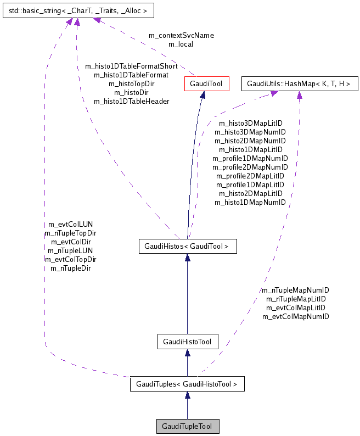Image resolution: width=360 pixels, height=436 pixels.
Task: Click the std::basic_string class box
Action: (x=78, y=10)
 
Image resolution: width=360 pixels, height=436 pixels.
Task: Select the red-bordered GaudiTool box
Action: (x=203, y=84)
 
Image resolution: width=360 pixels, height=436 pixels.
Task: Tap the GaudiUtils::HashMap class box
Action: (x=300, y=84)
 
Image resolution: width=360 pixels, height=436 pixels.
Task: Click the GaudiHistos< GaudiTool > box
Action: (x=187, y=247)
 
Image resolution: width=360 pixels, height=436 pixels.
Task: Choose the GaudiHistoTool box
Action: (x=187, y=342)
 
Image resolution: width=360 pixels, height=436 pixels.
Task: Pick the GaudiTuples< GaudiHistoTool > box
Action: (x=187, y=384)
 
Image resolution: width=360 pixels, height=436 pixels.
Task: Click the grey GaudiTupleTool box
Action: (x=187, y=426)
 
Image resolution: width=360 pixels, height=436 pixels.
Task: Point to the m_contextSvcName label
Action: (x=181, y=35)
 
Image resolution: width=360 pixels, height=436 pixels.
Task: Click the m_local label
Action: (x=181, y=44)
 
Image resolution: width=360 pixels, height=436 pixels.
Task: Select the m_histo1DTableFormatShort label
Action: (x=131, y=66)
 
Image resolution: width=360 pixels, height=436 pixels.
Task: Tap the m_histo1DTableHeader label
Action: (x=131, y=101)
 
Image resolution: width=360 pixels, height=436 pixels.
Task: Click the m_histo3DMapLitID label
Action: (x=250, y=123)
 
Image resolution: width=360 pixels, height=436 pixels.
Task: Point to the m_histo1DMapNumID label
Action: (x=250, y=202)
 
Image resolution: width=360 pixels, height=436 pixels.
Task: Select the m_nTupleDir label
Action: (x=70, y=268)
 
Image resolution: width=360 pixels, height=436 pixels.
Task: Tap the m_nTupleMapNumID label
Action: (x=295, y=290)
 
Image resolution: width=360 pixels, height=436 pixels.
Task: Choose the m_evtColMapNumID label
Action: (x=295, y=316)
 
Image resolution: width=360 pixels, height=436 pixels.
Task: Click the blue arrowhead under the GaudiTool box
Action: (x=203, y=96)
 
